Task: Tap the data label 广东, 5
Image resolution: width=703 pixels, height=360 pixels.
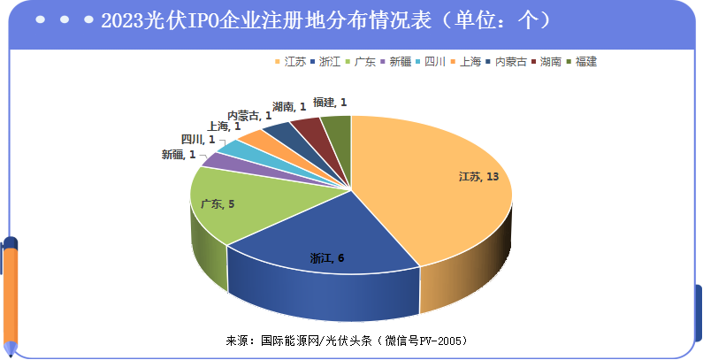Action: [218, 204]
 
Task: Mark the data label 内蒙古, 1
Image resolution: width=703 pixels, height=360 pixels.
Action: [249, 115]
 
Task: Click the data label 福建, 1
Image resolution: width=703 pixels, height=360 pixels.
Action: [330, 103]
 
